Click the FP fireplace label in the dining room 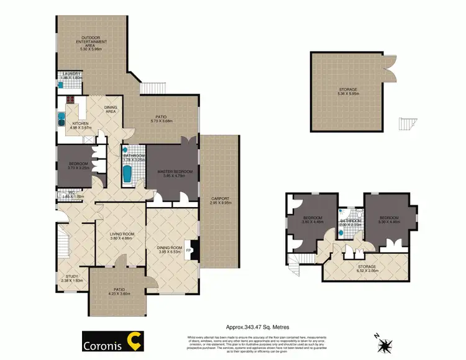pyautogui.click(x=190, y=252)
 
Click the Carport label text pyautogui.click(x=220, y=200)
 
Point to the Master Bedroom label pyautogui.click(x=175, y=172)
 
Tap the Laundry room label pyautogui.click(x=71, y=74)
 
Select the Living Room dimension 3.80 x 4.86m pyautogui.click(x=122, y=238)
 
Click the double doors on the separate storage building pyautogui.click(x=390, y=65)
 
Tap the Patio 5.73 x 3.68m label pyautogui.click(x=161, y=121)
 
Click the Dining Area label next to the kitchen pyautogui.click(x=111, y=109)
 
